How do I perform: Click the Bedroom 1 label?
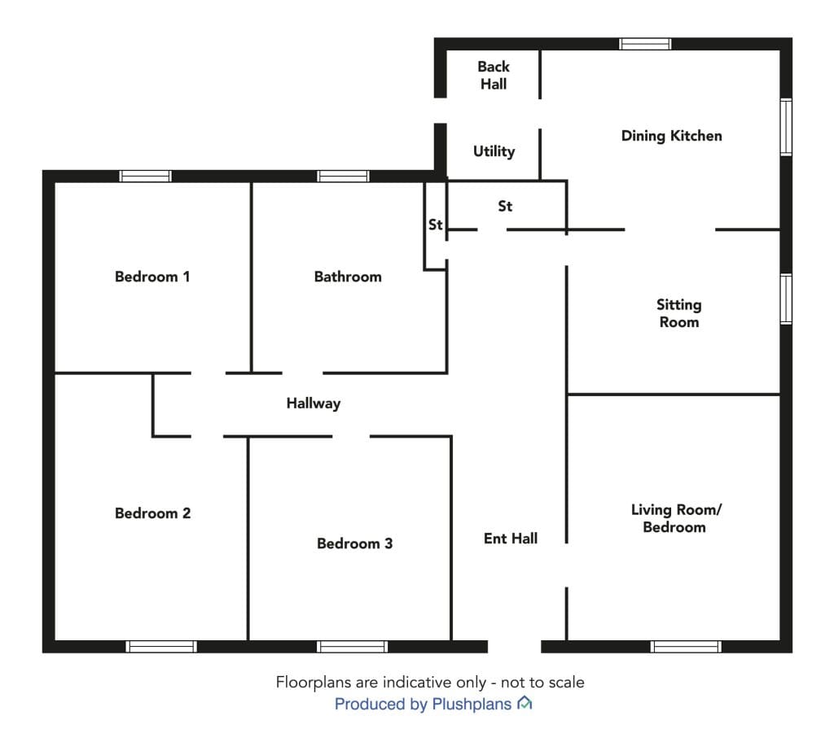point(152,277)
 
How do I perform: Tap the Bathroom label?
point(348,277)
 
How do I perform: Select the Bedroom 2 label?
point(152,513)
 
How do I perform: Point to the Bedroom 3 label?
point(355,543)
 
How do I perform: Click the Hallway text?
point(314,404)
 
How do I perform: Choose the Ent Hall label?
point(511,539)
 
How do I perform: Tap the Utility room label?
point(494,152)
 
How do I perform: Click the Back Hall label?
point(494,76)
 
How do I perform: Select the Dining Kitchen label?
point(672,137)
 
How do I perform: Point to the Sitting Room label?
point(679,313)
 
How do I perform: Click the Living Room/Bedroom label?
point(676,518)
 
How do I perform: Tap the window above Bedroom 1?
point(145,177)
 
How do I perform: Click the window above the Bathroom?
point(343,177)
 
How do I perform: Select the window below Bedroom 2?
point(161,647)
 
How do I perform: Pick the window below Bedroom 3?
point(352,647)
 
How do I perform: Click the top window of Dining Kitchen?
point(645,44)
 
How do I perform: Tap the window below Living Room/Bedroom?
point(686,647)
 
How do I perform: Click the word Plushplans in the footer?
point(472,705)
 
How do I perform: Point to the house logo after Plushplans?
point(525,703)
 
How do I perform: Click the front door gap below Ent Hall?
point(515,647)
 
